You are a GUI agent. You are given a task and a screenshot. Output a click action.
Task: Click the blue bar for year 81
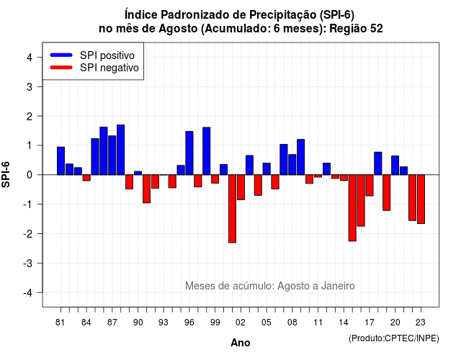61,161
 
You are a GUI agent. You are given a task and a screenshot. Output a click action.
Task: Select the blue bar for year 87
112,156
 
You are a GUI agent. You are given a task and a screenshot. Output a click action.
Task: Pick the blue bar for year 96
189,153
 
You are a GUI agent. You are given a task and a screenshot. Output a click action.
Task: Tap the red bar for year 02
241,187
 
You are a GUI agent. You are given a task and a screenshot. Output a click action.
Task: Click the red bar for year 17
370,185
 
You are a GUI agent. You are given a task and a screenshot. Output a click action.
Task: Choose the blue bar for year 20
395,165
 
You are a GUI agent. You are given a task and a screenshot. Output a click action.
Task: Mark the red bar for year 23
421,199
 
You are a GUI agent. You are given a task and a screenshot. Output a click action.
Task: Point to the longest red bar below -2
232,209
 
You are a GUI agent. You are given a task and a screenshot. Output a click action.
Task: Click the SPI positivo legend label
107,55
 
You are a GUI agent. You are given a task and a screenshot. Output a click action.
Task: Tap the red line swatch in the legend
61,68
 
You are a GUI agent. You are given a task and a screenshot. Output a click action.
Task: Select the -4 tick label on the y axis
28,293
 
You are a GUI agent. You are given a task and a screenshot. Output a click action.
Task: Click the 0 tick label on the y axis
30,175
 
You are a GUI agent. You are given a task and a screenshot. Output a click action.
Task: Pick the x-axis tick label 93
164,323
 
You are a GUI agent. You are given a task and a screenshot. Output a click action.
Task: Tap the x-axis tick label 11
318,323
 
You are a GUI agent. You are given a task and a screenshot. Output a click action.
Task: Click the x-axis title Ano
241,343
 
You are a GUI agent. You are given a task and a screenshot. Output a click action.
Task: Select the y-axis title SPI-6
6,174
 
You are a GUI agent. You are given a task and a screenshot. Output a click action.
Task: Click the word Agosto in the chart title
178,29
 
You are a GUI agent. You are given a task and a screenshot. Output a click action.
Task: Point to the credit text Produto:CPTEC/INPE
394,338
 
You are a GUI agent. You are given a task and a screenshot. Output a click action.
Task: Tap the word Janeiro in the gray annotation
338,286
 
